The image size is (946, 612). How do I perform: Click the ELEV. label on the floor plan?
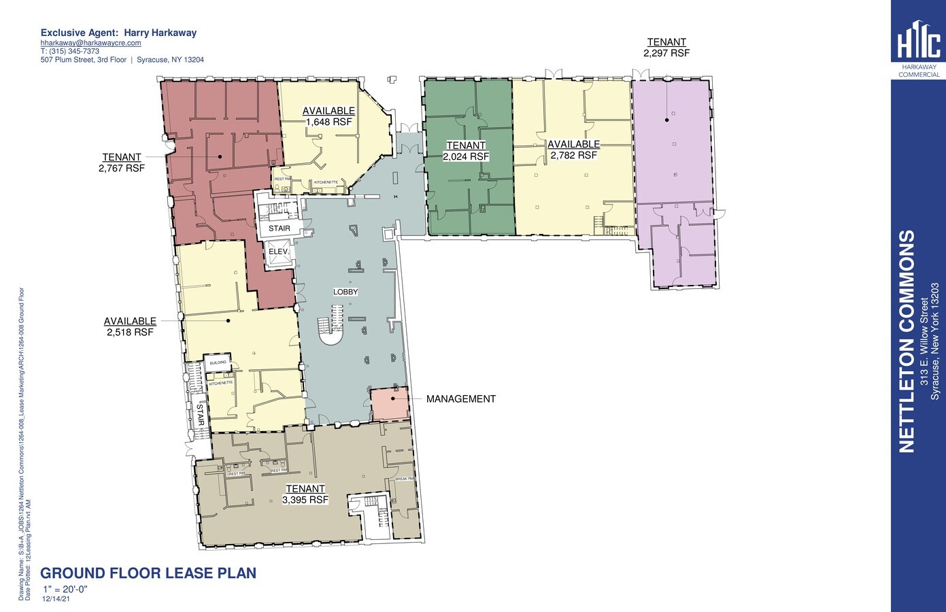[x=280, y=252]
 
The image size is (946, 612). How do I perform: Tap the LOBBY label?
[x=345, y=292]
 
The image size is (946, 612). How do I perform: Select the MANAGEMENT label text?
[x=460, y=399]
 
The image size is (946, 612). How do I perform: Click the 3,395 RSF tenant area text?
[x=305, y=500]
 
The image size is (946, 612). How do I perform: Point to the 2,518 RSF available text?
[x=130, y=333]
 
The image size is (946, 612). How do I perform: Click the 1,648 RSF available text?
[x=328, y=122]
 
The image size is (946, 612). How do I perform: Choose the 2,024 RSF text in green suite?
[x=466, y=156]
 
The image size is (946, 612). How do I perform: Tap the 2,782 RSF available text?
[x=573, y=155]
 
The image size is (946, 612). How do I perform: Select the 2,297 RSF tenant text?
[x=666, y=52]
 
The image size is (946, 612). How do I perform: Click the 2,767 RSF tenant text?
[x=122, y=168]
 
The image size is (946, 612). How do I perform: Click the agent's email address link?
[x=90, y=43]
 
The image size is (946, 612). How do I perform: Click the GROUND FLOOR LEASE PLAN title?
[x=148, y=573]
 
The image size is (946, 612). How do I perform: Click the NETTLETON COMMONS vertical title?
[x=907, y=341]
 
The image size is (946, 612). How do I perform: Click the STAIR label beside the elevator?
[x=279, y=228]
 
